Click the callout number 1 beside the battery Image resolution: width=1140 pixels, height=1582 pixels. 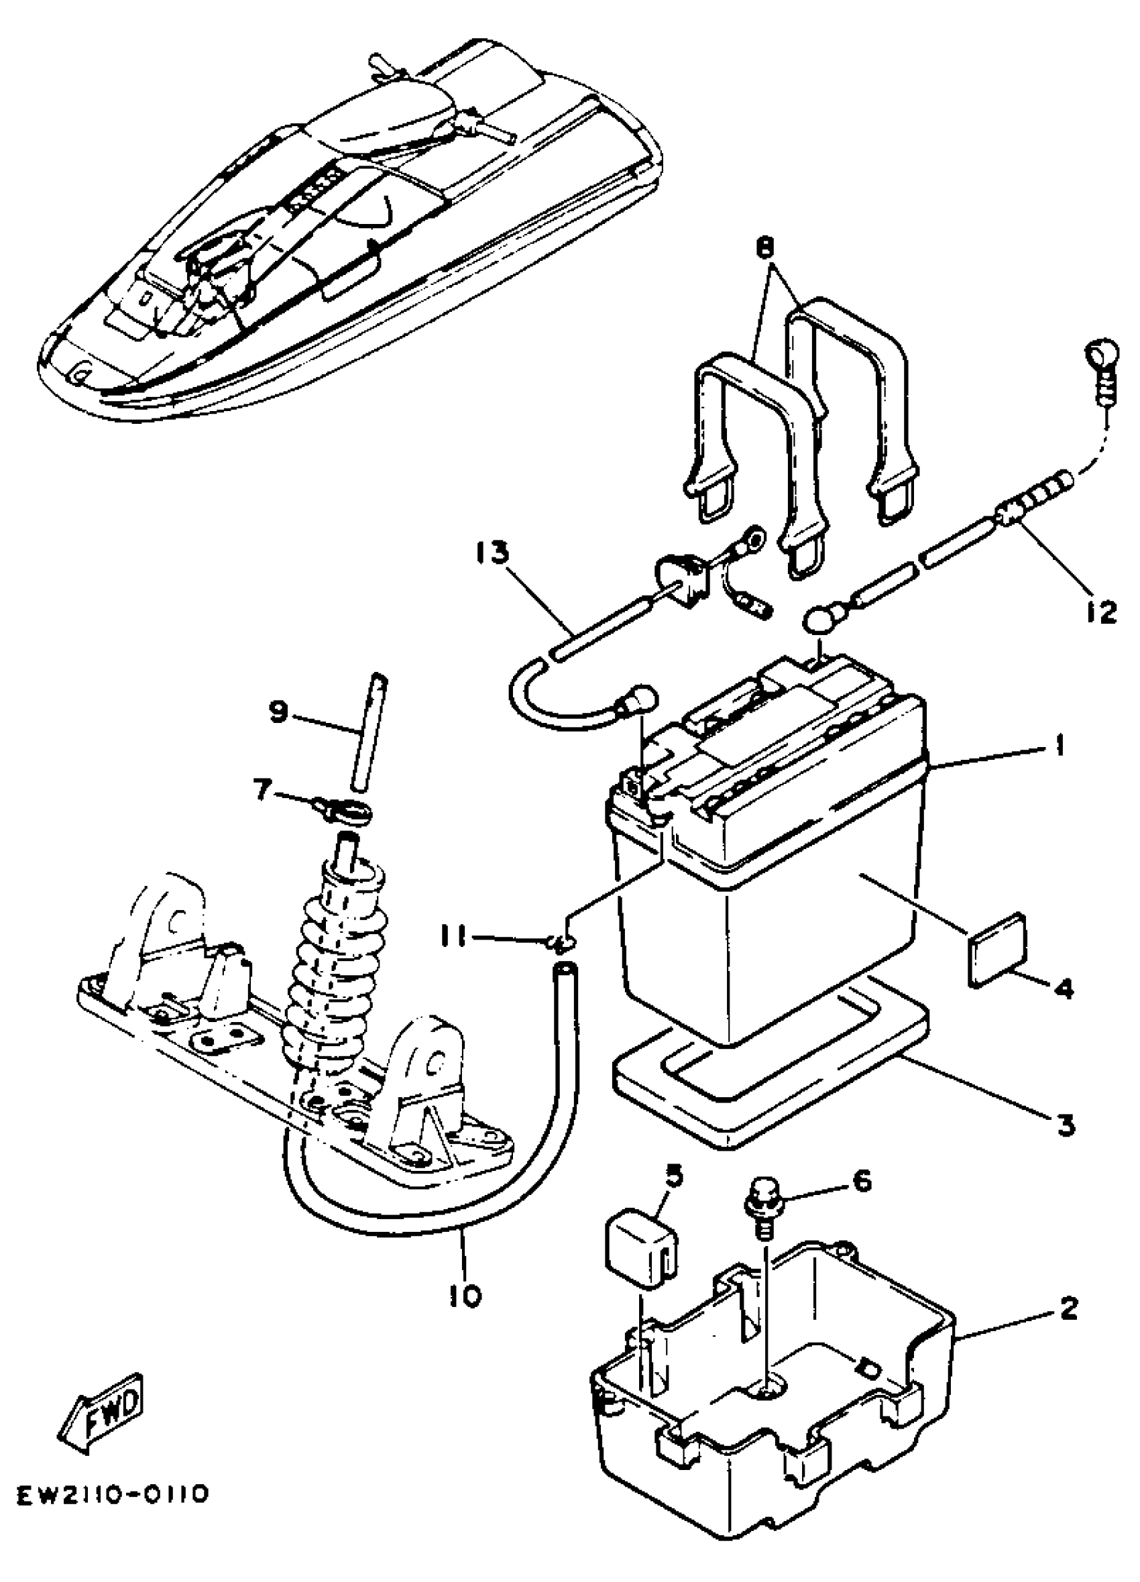(x=1060, y=747)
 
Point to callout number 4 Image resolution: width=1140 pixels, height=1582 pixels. (x=1063, y=988)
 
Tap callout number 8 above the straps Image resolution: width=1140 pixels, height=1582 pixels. (x=764, y=248)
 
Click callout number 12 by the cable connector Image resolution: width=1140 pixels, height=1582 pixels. (x=1102, y=612)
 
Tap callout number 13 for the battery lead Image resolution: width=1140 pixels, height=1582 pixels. (x=493, y=553)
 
